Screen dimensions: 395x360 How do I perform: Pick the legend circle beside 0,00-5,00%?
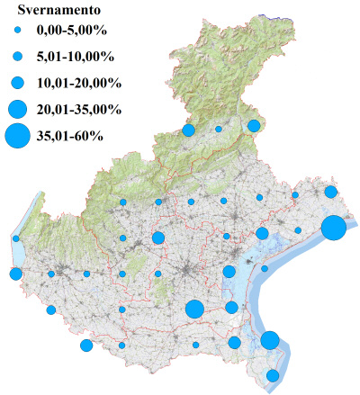pos(17,31)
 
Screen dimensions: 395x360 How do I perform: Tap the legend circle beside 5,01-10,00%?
pos(17,57)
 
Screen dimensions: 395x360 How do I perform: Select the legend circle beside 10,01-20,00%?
pos(17,83)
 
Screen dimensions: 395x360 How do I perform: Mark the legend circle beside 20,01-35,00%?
pos(17,110)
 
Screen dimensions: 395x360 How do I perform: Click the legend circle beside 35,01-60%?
pos(17,136)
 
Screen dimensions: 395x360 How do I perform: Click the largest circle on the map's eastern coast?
pos(333,228)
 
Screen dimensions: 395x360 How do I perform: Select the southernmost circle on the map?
pos(273,375)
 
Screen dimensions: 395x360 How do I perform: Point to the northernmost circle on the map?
pos(254,125)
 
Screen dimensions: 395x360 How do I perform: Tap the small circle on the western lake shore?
pos(16,238)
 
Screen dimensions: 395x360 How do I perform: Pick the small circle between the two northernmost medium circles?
pos(218,130)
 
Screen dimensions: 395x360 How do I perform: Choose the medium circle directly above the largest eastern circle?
pos(331,192)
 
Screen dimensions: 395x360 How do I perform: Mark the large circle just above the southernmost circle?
pos(270,340)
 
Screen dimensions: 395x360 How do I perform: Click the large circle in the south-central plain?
pos(193,310)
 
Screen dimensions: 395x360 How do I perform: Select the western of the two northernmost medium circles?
pos(188,130)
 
